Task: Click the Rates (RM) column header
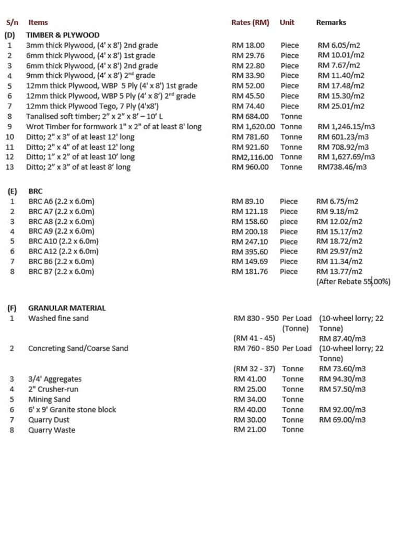(250, 22)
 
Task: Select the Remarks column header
(331, 22)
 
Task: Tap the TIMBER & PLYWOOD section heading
(63, 35)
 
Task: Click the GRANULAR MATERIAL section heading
(67, 308)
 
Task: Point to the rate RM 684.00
(250, 116)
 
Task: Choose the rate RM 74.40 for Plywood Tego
(248, 106)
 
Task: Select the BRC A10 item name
(63, 241)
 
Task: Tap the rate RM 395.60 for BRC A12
(250, 251)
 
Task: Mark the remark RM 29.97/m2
(339, 251)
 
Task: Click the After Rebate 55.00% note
(353, 282)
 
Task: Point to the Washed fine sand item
(58, 318)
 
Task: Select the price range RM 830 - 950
(256, 318)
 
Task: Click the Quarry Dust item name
(49, 420)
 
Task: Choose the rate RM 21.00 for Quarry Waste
(250, 430)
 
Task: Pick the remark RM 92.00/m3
(342, 409)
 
